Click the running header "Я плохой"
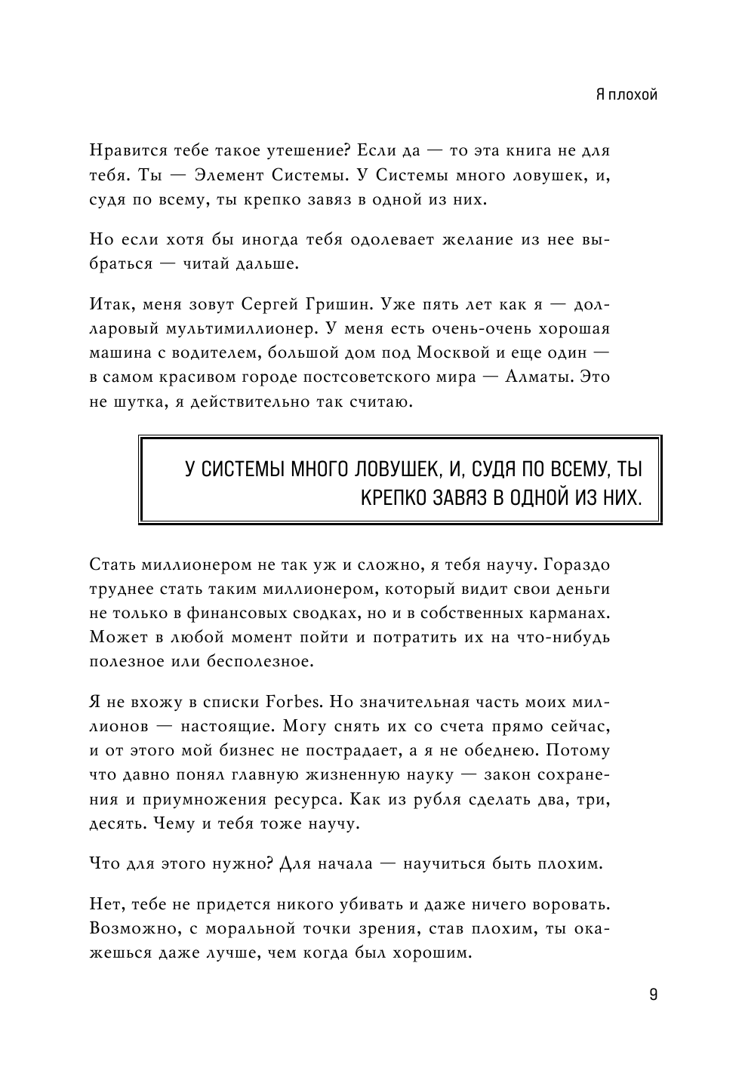tap(626, 94)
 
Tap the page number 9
tap(653, 994)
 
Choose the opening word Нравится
tap(124, 151)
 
